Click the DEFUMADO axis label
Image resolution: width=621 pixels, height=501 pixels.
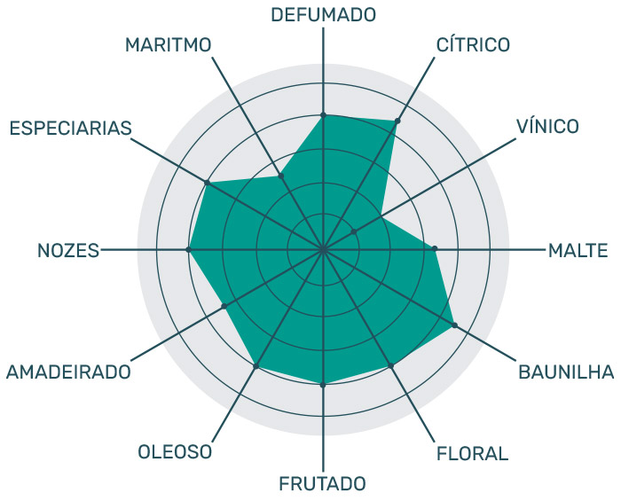[323, 14]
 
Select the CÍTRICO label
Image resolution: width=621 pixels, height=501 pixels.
[473, 43]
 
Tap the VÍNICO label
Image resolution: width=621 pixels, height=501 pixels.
[547, 126]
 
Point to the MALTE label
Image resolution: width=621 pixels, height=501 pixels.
[578, 250]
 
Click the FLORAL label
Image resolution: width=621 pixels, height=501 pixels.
[472, 454]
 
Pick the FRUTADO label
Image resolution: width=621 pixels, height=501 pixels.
[322, 484]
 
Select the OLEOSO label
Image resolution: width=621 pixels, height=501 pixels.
[175, 452]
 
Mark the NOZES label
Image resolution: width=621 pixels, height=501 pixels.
[67, 250]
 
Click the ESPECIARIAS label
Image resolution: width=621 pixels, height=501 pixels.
[70, 128]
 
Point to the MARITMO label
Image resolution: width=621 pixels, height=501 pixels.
[169, 43]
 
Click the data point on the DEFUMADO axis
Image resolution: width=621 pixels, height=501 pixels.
[323, 115]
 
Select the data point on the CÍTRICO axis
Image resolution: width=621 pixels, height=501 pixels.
[397, 121]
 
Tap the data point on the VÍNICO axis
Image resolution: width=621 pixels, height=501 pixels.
[353, 232]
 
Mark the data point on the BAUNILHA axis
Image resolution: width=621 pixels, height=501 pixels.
[454, 325]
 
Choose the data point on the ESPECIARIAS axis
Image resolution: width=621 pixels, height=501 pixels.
[208, 183]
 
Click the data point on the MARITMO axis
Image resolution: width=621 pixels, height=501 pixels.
[281, 176]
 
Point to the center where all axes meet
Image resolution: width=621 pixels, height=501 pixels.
[323, 250]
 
